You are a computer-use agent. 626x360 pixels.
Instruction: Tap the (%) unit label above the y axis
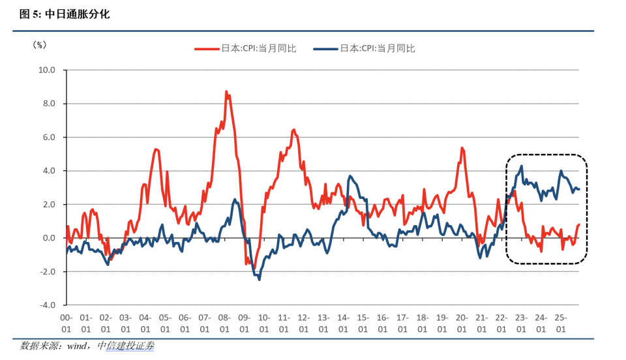pos(40,45)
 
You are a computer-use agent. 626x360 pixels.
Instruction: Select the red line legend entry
pos(246,48)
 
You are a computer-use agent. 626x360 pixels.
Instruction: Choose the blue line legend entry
pos(365,48)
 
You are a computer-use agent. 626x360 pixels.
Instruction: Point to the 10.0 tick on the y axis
pos(46,70)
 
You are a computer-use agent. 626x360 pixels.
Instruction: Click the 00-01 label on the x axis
pos(66,323)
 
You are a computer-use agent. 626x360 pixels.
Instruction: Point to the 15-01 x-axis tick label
pos(363,323)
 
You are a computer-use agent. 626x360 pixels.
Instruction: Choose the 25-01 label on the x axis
pos(560,323)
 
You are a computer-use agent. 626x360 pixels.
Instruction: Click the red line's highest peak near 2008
pos(226,92)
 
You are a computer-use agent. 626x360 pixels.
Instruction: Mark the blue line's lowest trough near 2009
pos(260,279)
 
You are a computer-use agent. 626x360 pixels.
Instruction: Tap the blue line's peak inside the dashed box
pos(521,166)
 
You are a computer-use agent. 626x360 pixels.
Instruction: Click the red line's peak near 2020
pos(462,148)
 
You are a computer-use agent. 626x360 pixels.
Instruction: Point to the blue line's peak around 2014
pos(350,176)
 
